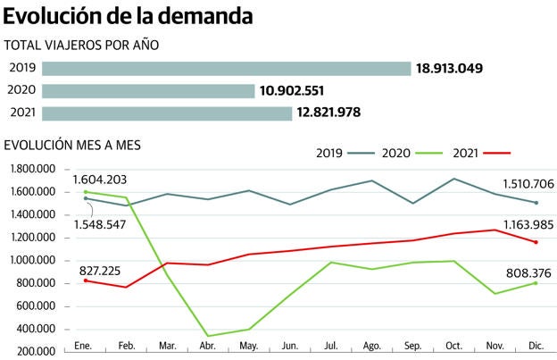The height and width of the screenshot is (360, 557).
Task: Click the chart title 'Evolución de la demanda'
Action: pyautogui.click(x=128, y=16)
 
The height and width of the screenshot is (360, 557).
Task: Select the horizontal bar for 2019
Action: pyautogui.click(x=226, y=69)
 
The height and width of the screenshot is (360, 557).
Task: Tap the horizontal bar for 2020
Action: pyautogui.click(x=148, y=91)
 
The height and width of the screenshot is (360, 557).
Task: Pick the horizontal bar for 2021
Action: pyautogui.click(x=167, y=113)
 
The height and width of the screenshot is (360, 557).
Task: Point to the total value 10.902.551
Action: pyautogui.click(x=304, y=91)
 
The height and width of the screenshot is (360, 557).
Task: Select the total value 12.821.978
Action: pyautogui.click(x=342, y=113)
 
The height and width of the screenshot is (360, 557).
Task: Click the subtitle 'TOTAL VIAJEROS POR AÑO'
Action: pyautogui.click(x=82, y=46)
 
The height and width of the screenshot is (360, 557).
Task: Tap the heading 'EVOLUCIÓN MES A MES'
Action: pyautogui.click(x=73, y=144)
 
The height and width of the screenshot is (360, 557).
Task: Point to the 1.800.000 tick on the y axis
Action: pyautogui.click(x=32, y=169)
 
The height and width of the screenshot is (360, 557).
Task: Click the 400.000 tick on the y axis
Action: pyautogui.click(x=35, y=329)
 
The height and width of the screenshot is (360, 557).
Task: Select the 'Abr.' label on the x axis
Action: pyautogui.click(x=211, y=345)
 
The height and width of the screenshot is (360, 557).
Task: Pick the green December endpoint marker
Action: pyautogui.click(x=536, y=283)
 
